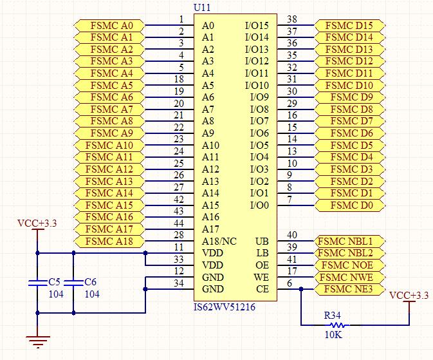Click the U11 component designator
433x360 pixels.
201,7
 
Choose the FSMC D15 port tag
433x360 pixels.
349,26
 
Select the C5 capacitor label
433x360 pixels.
55,282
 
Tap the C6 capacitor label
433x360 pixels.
91,282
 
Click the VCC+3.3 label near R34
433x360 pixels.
409,295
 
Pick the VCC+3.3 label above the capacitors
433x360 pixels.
37,223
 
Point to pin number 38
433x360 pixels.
291,19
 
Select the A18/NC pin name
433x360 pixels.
219,241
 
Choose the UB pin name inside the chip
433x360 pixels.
262,241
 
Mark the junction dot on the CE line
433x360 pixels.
300,289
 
